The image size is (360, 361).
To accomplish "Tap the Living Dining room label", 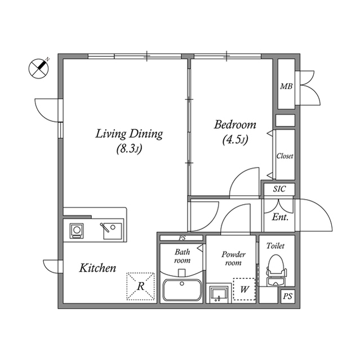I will point(129,134).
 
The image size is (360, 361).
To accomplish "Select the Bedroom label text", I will point(235,125).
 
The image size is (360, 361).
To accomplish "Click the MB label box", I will point(286,87).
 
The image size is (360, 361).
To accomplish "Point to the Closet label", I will point(285,156).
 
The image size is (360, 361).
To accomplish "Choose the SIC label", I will point(279,190).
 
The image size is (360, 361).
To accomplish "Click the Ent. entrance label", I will point(280,217).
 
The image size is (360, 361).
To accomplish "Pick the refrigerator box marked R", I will point(140,286).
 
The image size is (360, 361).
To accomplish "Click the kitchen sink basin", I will point(113,230).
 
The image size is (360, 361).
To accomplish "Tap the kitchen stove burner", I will point(77,230).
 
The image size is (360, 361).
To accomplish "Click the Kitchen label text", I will point(97,268).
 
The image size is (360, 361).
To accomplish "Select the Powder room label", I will point(233,258).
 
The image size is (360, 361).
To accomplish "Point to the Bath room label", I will point(182,256).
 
